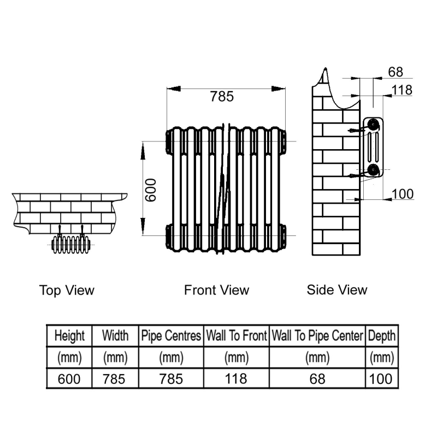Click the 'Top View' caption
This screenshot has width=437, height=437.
(67, 290)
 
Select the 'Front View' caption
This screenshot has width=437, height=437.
(216, 290)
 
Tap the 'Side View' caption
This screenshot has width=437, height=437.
(337, 290)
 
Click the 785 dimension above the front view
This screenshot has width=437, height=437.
(222, 97)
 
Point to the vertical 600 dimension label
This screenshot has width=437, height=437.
(151, 190)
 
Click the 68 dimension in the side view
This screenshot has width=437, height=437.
(395, 72)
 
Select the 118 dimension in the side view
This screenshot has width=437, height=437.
(402, 90)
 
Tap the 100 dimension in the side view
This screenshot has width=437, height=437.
(403, 194)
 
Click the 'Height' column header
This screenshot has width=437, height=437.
(69, 335)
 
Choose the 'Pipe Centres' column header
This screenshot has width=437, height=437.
(171, 335)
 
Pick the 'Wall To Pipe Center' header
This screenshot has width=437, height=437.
(317, 335)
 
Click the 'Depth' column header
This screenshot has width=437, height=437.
(382, 336)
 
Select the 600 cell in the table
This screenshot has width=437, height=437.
(69, 379)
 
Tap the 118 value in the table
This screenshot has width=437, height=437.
(236, 379)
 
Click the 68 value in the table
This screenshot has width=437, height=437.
(317, 379)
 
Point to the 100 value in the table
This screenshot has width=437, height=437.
(381, 379)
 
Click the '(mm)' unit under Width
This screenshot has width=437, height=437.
(115, 358)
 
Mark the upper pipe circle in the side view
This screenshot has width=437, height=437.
(373, 125)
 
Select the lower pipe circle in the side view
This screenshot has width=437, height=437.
(373, 169)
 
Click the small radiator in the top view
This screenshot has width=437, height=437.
(71, 244)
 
